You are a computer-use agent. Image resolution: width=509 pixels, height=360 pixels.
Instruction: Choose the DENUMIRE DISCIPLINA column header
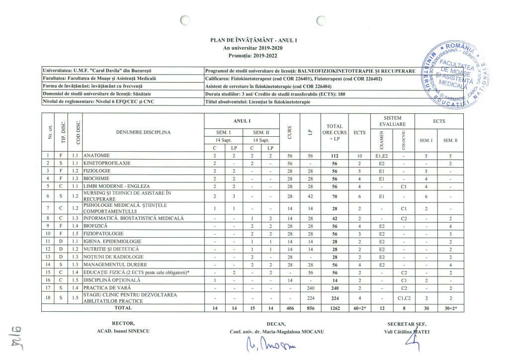coord(143,132)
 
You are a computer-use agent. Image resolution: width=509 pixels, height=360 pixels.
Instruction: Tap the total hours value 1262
coord(330,308)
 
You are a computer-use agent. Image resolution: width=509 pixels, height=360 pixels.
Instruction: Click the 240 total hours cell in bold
coord(330,287)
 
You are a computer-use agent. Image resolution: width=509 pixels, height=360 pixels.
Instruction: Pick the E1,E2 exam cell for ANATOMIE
coord(382,156)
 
